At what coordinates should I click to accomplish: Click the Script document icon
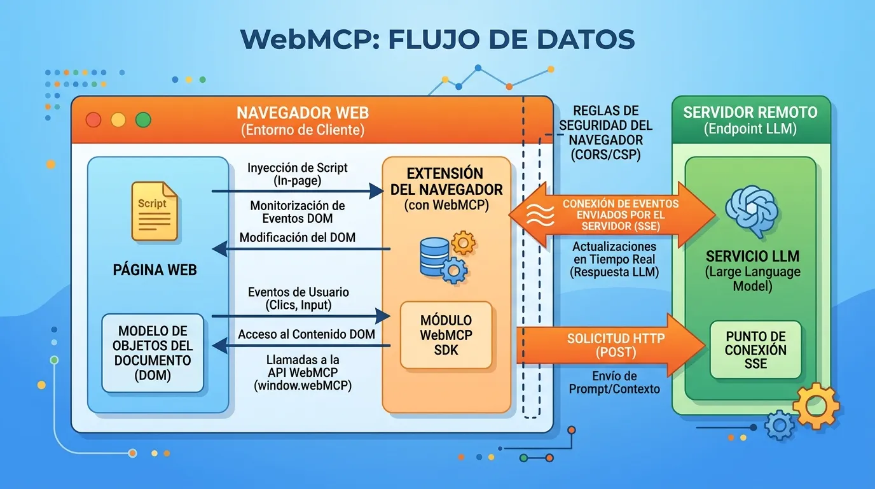154,211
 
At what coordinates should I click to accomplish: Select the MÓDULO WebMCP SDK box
446,335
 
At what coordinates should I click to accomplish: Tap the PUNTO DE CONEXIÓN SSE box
756,350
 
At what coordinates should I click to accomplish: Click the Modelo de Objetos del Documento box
153,353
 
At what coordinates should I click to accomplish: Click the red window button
93,120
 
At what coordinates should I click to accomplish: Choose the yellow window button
118,120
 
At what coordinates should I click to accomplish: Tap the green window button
143,120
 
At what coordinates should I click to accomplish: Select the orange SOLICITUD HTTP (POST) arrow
610,344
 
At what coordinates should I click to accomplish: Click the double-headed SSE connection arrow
612,215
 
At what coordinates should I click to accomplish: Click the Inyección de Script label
298,174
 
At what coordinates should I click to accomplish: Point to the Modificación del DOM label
297,237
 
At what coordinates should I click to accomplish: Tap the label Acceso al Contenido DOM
306,334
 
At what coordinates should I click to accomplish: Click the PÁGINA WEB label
155,269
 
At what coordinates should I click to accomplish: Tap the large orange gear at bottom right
816,406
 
